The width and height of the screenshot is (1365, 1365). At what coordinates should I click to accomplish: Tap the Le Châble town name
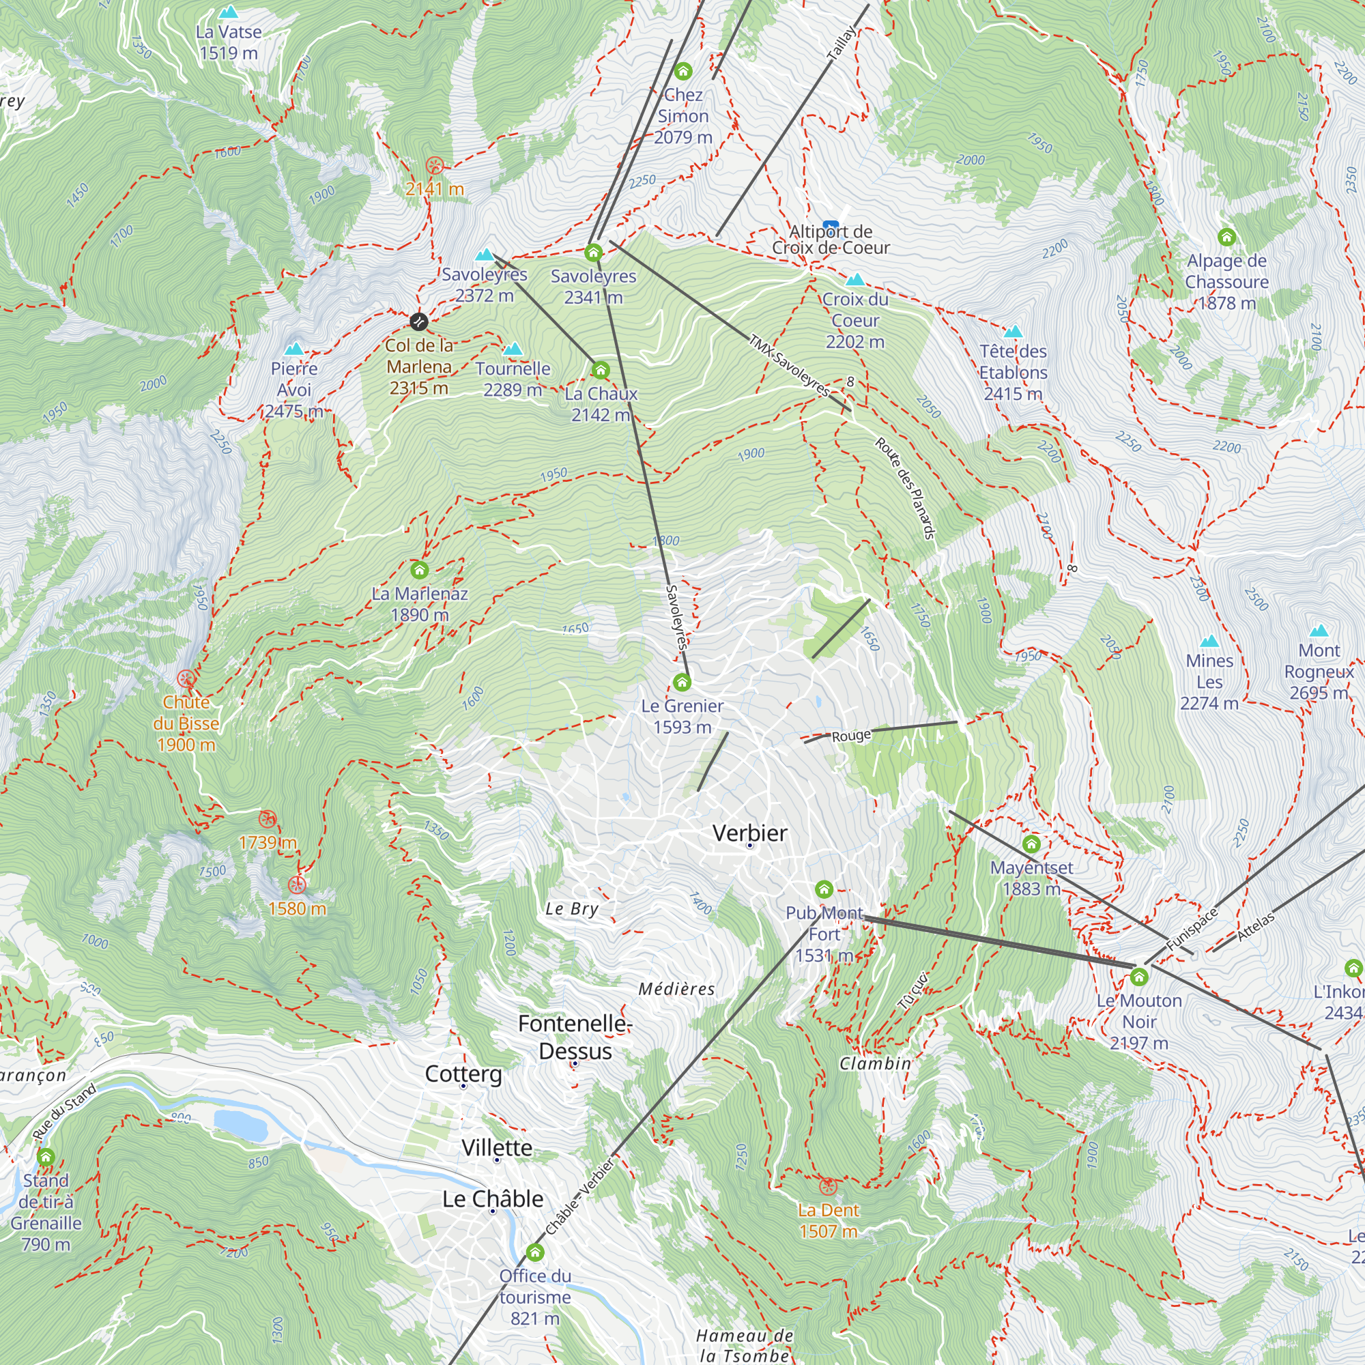(x=493, y=1198)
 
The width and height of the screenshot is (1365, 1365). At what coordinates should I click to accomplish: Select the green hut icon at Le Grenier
(x=682, y=682)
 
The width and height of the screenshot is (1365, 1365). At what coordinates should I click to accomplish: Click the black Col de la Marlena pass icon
(x=419, y=321)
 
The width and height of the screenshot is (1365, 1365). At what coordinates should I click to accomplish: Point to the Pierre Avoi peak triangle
(x=294, y=348)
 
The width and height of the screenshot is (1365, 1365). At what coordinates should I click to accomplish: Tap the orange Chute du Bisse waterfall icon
(x=186, y=679)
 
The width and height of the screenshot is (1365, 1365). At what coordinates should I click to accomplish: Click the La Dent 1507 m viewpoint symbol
(x=828, y=1186)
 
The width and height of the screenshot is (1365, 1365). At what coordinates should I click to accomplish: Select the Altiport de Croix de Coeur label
(x=831, y=240)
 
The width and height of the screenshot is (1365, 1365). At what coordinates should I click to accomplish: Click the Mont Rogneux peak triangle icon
(x=1319, y=631)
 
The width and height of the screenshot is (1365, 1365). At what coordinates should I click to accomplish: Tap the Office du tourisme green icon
(x=535, y=1252)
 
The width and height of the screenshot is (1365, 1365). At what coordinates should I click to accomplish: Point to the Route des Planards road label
(x=905, y=488)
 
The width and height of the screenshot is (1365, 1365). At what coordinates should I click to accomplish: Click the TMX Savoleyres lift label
(x=789, y=365)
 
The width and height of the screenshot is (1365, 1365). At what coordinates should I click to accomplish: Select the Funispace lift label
(x=1192, y=928)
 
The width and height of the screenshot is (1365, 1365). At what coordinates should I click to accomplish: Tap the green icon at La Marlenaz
(x=420, y=569)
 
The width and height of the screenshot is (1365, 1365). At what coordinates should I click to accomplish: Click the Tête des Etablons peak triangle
(x=1013, y=332)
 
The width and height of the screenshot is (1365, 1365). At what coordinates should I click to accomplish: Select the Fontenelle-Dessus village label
(x=575, y=1037)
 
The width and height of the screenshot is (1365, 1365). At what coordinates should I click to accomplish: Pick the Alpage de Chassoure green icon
(x=1226, y=237)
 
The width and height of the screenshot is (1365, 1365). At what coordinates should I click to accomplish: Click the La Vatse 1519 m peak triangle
(x=228, y=12)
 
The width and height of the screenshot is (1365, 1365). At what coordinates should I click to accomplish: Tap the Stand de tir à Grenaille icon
(x=46, y=1157)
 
